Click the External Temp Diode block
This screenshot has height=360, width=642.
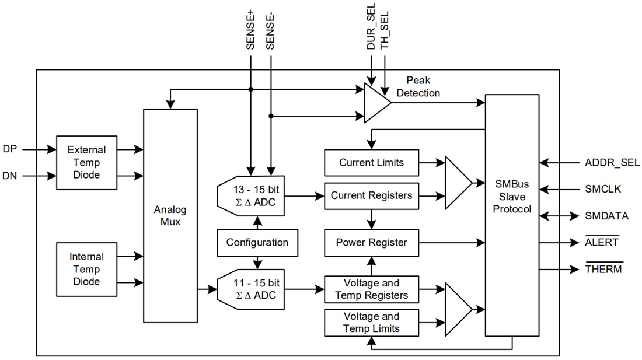pos(82,162)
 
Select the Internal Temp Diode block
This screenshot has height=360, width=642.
pos(86,269)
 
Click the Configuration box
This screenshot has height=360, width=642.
pos(257,242)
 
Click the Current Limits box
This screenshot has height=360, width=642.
pos(371,163)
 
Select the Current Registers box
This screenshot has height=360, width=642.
pos(371,195)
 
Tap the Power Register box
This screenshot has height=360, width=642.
pos(371,242)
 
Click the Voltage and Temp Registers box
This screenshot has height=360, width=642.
pos(371,289)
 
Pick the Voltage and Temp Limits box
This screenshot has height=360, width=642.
pos(371,322)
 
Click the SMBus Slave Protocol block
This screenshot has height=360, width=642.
pos(512,196)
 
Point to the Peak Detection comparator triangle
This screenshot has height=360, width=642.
pos(376,103)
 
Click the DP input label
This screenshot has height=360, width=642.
pos(10,149)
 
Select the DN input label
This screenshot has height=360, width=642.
pos(10,176)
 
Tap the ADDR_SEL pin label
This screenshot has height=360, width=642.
pos(612,162)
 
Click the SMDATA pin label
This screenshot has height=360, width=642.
pos(606,216)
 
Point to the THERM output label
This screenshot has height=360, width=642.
pos(603,269)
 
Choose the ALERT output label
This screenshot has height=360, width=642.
pos(602,242)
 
